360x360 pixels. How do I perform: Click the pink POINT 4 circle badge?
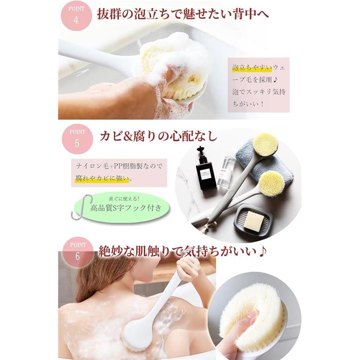(x=76, y=15)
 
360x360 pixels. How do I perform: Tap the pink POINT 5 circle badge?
(x=77, y=139)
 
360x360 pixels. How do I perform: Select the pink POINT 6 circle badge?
(x=78, y=252)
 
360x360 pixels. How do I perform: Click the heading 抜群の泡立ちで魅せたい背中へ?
(x=183, y=14)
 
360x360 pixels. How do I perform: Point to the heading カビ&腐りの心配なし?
(x=158, y=136)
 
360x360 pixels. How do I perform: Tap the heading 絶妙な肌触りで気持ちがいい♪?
(x=183, y=251)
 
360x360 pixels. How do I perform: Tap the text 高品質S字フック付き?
(x=126, y=208)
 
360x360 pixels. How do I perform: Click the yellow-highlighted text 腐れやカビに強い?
(x=102, y=178)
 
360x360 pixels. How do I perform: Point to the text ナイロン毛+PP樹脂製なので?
(x=119, y=166)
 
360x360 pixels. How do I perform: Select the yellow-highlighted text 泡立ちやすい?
(x=252, y=67)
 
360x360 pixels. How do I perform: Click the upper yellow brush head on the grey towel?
(x=265, y=145)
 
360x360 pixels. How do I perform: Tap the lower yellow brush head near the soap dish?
(x=273, y=184)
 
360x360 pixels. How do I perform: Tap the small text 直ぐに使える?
(x=124, y=199)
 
